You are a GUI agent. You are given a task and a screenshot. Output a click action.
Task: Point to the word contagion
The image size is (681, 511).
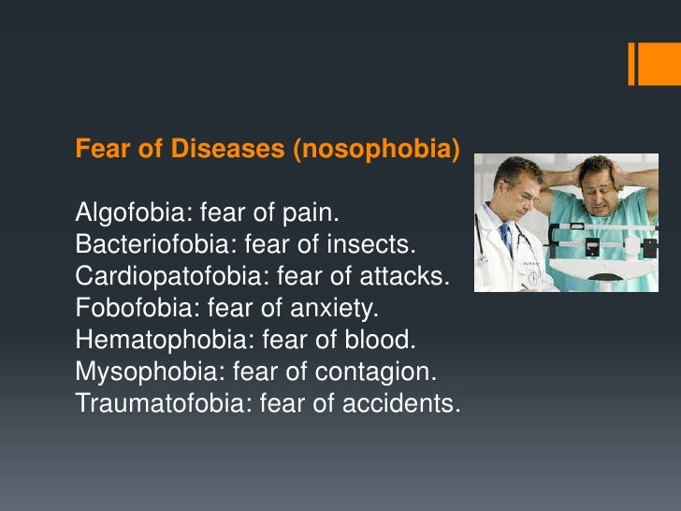click(381, 372)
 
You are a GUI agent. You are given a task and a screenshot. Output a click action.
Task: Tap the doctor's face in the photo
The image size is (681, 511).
click(518, 187)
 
